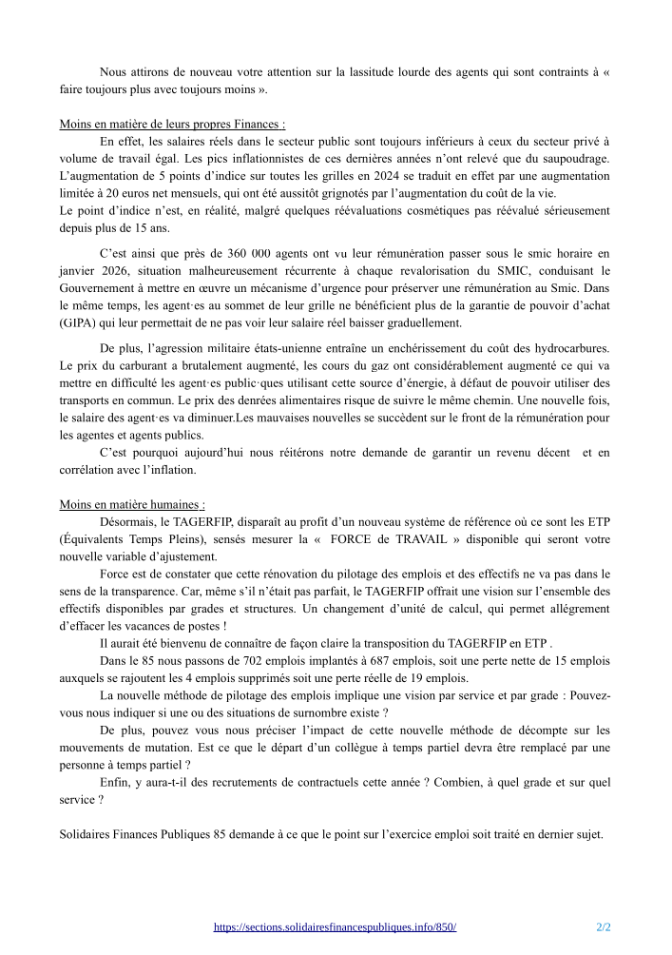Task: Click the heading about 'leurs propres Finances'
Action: coord(172,124)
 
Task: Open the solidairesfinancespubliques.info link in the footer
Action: coord(335,926)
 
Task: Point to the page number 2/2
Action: coord(603,926)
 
